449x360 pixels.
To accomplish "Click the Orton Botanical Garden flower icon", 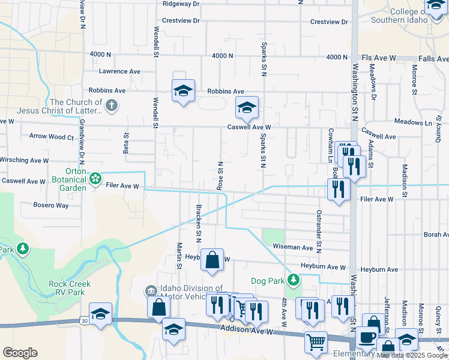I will point(95,178).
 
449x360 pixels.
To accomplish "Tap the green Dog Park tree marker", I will point(293,280).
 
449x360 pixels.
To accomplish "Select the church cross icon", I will point(110,106).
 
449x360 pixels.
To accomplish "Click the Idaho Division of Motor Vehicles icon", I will point(151,291).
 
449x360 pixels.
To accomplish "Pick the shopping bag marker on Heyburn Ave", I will point(212,260).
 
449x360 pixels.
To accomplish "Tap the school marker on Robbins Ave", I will point(184,91).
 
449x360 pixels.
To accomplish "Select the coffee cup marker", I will point(367,338).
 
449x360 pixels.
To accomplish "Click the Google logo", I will point(20,353).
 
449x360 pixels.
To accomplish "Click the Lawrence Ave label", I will point(119,71).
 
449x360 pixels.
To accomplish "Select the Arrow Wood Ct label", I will point(51,137).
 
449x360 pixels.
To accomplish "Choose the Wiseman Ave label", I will point(293,247).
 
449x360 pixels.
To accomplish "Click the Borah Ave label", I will point(436,235).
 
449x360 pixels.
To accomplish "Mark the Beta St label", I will point(126,143).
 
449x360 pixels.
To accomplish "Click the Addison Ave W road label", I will point(247,331).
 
